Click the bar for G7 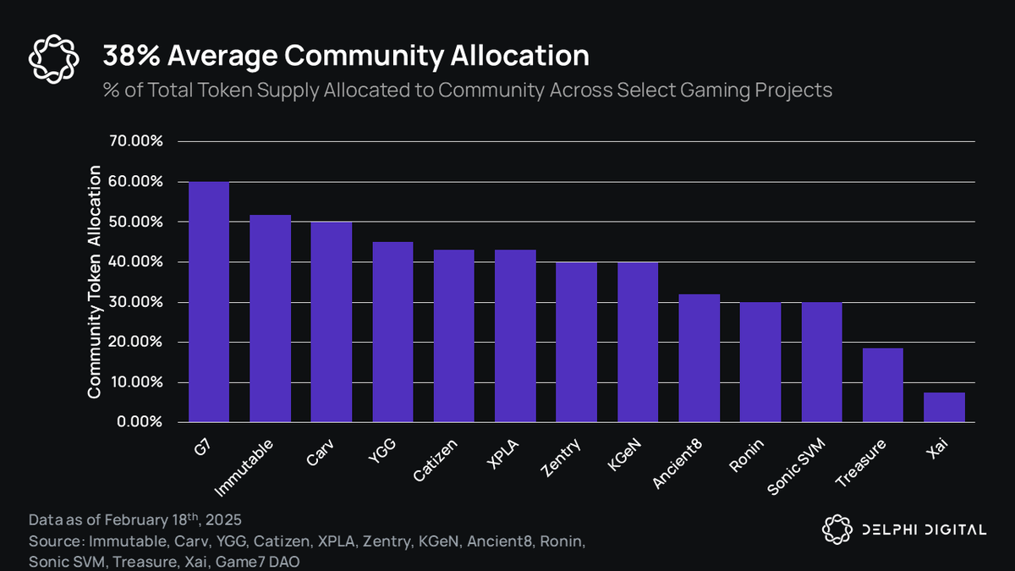[209, 302]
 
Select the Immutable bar [270, 318]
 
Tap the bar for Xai [944, 407]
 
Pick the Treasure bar [882, 385]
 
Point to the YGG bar [392, 332]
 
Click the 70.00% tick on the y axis [135, 141]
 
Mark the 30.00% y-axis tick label [135, 302]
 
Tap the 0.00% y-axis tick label [139, 422]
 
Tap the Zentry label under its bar [562, 457]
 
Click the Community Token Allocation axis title [95, 283]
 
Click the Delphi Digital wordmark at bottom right [924, 530]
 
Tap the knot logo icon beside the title [53, 59]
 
